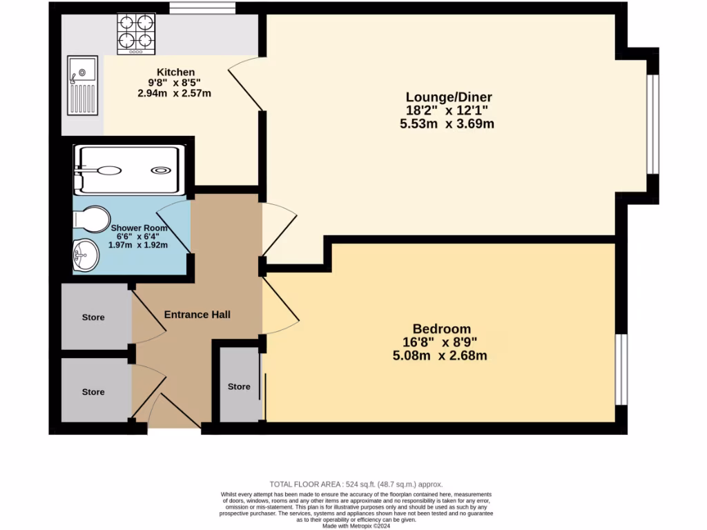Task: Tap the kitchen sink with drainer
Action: (x=82, y=86)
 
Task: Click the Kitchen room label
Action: (x=175, y=72)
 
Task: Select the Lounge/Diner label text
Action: (x=448, y=97)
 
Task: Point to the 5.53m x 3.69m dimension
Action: (x=447, y=124)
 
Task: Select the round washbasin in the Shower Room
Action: (x=86, y=255)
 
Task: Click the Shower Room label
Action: (x=139, y=228)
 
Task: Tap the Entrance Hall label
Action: (x=197, y=315)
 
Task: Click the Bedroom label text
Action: (x=441, y=328)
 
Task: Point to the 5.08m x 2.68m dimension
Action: (x=441, y=356)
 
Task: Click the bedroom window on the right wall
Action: (x=621, y=371)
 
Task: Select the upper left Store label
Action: (x=93, y=317)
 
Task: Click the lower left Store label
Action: (x=93, y=392)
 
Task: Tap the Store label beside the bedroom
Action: (x=239, y=386)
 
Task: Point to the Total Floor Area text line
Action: (x=356, y=484)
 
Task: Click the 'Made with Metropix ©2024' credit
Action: (x=356, y=527)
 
